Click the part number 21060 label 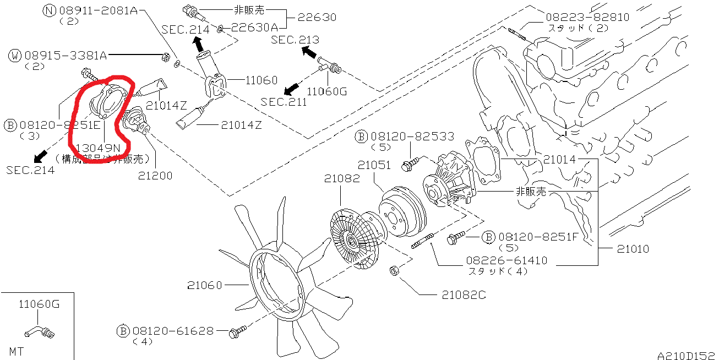[x=204, y=285]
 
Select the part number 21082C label [x=464, y=295]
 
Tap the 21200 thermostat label [x=155, y=176]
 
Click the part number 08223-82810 [x=588, y=17]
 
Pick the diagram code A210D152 [x=685, y=355]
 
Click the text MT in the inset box [x=17, y=350]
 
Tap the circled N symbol [x=50, y=10]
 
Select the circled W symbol [x=15, y=55]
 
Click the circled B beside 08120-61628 [x=123, y=331]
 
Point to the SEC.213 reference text [x=295, y=40]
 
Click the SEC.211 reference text [x=284, y=102]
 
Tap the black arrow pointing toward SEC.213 [x=309, y=52]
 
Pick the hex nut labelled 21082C [x=395, y=270]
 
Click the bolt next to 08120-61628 [x=237, y=331]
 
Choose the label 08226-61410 [x=507, y=260]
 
